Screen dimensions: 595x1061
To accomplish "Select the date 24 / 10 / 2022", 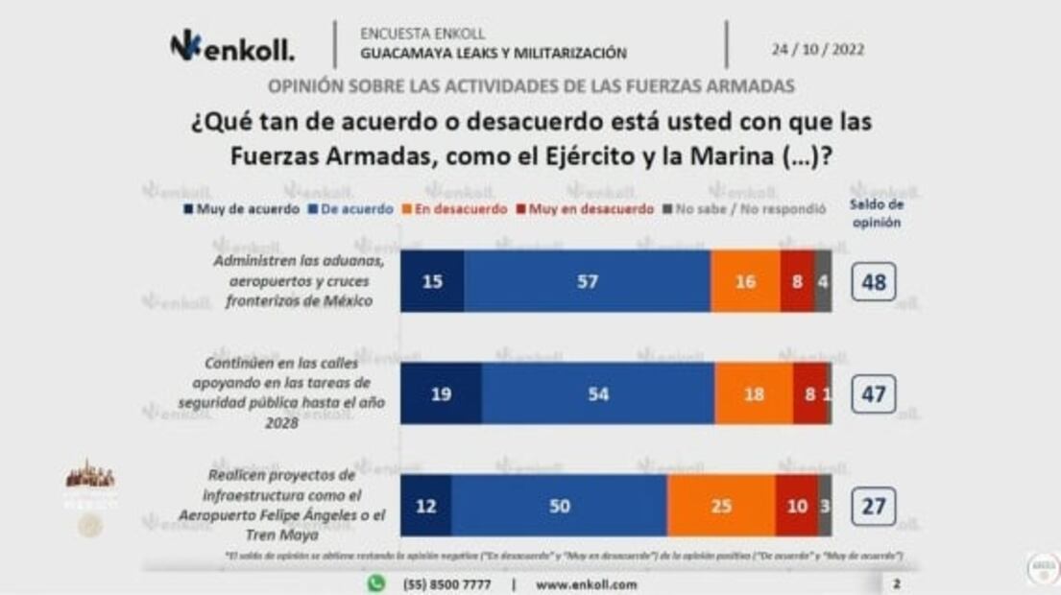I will click(x=817, y=49).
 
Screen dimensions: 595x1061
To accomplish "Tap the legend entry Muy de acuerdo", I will click(x=241, y=209).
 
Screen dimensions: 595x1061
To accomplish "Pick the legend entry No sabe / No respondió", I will click(x=745, y=209).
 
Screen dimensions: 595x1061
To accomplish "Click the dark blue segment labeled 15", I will click(x=432, y=281).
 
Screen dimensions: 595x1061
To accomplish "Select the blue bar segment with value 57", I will click(x=587, y=281).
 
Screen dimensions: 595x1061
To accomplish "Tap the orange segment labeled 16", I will click(x=745, y=281).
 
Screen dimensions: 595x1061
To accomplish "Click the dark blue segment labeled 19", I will click(x=441, y=393).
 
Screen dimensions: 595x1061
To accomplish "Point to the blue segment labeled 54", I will click(x=598, y=393).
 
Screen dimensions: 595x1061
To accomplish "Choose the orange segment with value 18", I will click(x=754, y=393).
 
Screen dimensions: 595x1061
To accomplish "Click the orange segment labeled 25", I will click(x=720, y=505).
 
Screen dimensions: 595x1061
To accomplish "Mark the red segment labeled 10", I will click(x=797, y=505).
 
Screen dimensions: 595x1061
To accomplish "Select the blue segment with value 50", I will click(x=559, y=505).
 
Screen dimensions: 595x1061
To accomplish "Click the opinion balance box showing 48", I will click(x=873, y=283).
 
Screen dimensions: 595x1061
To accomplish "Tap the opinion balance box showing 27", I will click(x=873, y=506).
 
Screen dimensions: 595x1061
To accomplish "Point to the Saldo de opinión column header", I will click(x=876, y=212).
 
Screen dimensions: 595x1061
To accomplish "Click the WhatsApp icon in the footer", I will click(x=376, y=583).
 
